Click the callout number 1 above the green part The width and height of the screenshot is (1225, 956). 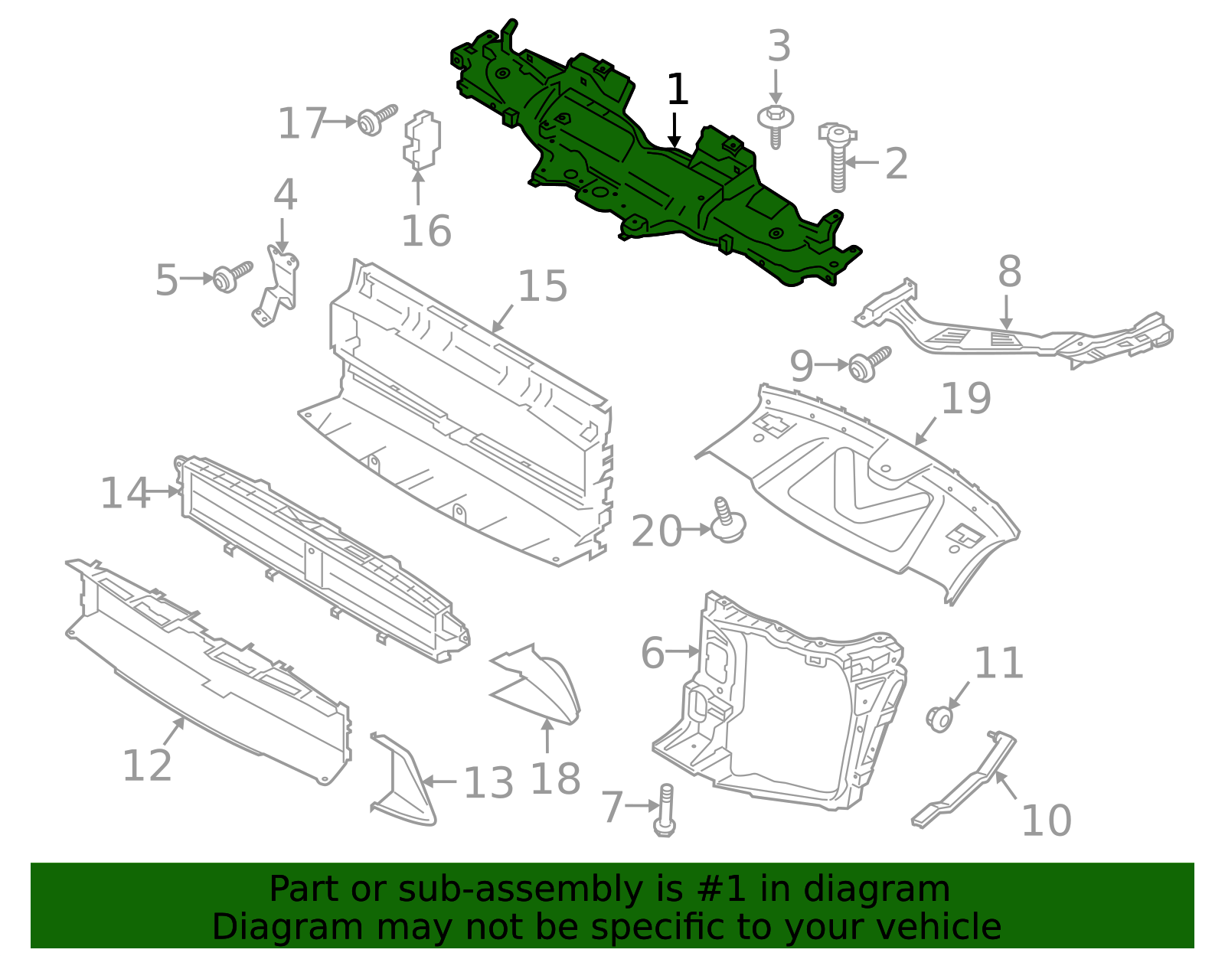678,90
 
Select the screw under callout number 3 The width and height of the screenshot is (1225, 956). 776,126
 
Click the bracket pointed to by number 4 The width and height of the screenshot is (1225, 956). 277,287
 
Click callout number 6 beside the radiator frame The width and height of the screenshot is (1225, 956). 652,653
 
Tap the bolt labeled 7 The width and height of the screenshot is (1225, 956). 665,809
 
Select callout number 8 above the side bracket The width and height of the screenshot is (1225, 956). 1010,272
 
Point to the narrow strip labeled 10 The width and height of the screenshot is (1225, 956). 966,781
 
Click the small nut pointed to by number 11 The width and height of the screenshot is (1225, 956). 939,719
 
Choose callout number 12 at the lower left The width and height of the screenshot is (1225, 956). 147,765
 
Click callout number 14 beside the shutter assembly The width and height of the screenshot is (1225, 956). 126,493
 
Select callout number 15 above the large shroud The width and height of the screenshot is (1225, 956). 543,286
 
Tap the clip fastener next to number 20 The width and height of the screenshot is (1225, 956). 728,522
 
